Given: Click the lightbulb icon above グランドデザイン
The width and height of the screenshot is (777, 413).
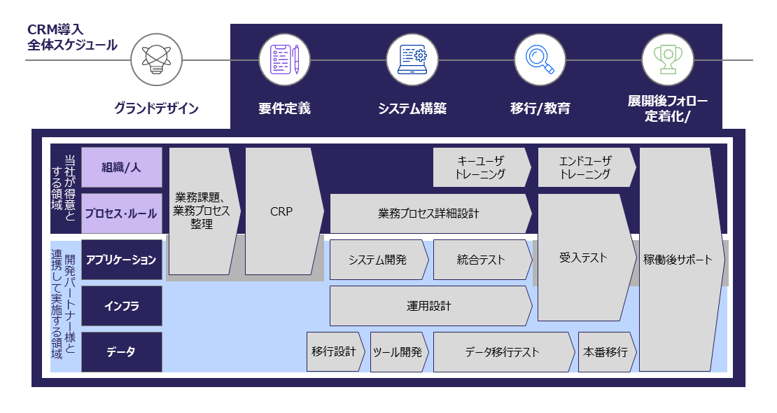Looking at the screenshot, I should coord(157,59).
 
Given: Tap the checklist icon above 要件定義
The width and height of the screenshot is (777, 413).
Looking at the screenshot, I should coord(284,59).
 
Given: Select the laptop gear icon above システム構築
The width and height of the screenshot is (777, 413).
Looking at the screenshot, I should coord(412,59).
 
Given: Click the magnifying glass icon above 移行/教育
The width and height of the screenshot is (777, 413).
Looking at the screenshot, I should coord(540,59).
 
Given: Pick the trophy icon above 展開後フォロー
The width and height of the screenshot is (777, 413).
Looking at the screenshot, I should coord(667,59).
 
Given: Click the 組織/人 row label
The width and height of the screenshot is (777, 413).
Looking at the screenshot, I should coord(122,167).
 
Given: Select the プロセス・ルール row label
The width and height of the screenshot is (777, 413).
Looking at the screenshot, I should coord(122,213).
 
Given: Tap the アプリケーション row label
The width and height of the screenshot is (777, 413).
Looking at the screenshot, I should coord(122,260).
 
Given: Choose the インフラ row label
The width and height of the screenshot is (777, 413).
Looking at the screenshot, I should coord(122,306).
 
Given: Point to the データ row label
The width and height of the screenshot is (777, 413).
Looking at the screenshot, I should coord(122,352).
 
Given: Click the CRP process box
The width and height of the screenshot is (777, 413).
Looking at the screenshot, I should coord(281,211).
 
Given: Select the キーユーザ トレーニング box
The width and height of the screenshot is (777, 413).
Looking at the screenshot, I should coord(480,167).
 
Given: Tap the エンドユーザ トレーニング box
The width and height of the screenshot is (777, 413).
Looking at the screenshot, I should coord(585,167).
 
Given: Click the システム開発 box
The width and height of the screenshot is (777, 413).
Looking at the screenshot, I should coord(378,260).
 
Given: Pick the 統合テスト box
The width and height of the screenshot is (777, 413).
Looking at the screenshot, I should coord(481,260).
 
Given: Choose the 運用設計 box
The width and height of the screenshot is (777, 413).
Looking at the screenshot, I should coord(429,306).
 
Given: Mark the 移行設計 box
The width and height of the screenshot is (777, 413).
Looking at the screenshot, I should coord(335,352).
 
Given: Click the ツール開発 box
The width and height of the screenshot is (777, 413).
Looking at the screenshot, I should coord(398,352).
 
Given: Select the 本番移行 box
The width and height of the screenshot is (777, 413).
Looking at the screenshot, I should coord(605,352).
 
